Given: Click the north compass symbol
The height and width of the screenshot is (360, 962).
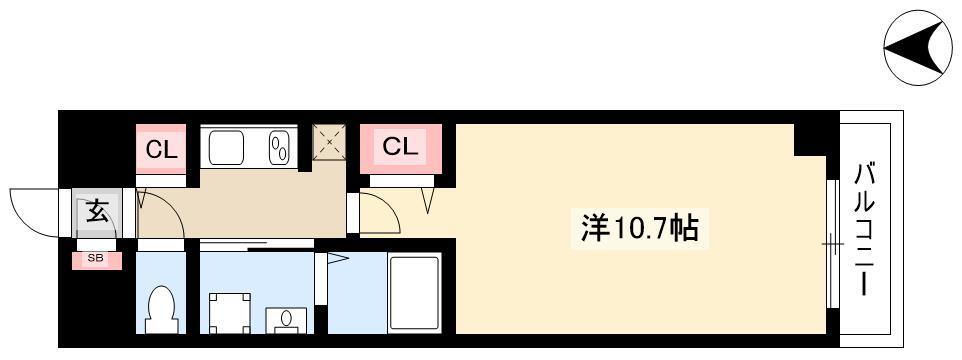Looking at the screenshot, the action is (917, 48).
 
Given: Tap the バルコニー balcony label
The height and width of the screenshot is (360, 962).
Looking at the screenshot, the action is (863, 230).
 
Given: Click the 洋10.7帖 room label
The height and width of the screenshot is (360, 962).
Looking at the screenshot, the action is (639, 228).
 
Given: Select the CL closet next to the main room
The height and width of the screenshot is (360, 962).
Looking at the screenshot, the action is (400, 148).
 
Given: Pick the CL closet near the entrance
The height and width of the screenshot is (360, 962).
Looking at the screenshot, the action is (161, 149).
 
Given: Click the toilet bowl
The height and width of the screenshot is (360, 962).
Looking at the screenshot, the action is (161, 309).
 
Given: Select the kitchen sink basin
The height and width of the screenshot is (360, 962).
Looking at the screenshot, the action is (226, 148).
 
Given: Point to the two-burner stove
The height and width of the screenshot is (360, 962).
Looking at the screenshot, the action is (279, 148).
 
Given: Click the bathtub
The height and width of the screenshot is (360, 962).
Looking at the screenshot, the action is (414, 294).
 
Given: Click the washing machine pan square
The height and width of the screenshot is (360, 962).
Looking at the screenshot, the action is (230, 313).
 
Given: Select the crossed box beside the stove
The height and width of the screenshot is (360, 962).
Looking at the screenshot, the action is (329, 142).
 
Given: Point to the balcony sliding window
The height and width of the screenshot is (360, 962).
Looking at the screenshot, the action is (832, 244).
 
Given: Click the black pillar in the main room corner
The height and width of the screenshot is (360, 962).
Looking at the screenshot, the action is (810, 140).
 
